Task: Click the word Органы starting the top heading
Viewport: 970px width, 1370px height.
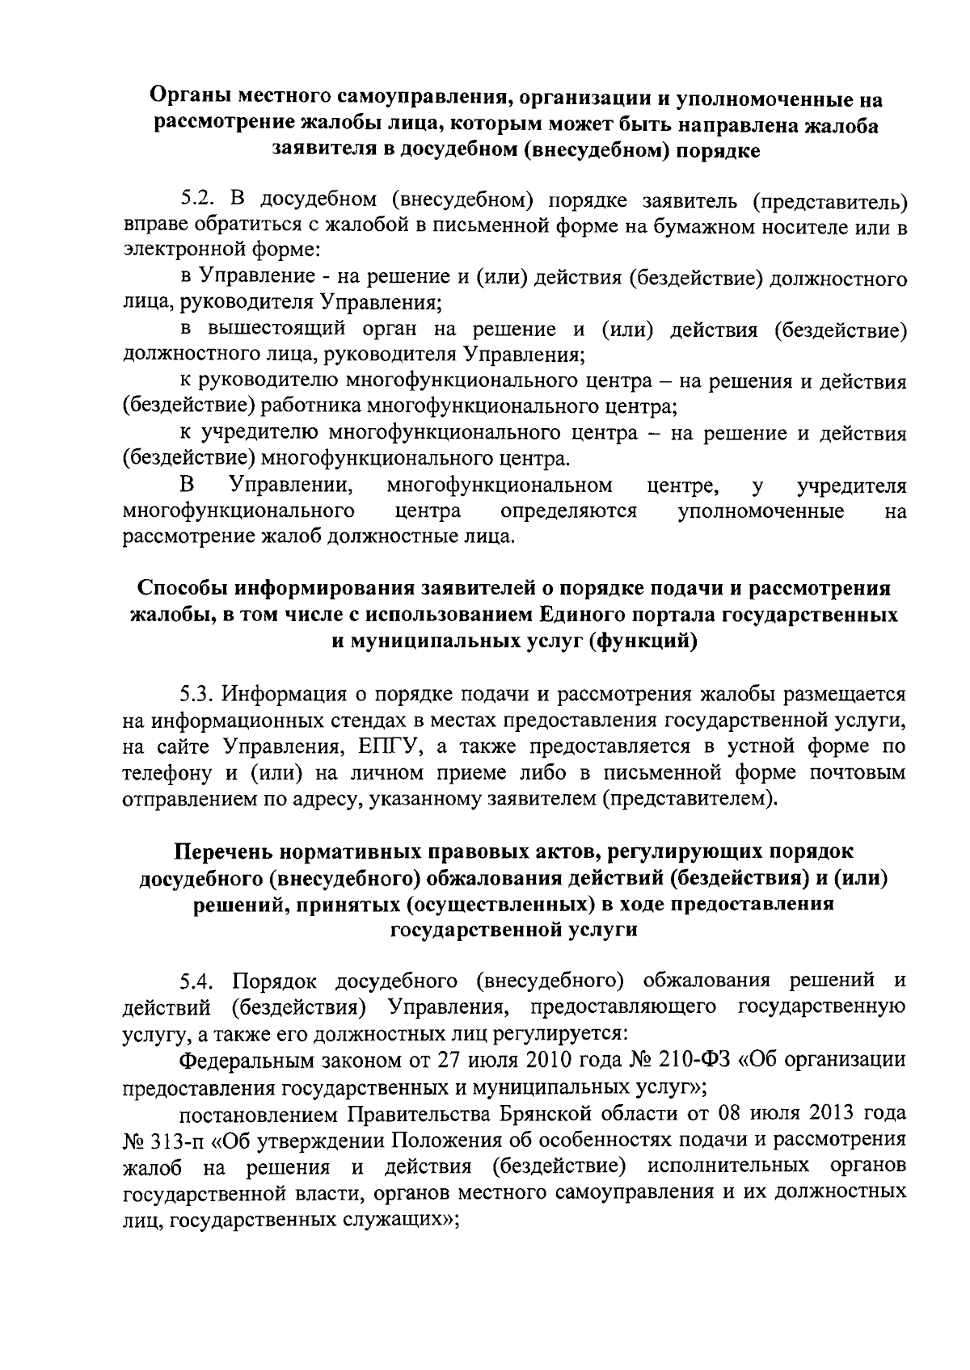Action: (190, 99)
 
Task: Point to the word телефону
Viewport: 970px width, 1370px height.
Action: (167, 773)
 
